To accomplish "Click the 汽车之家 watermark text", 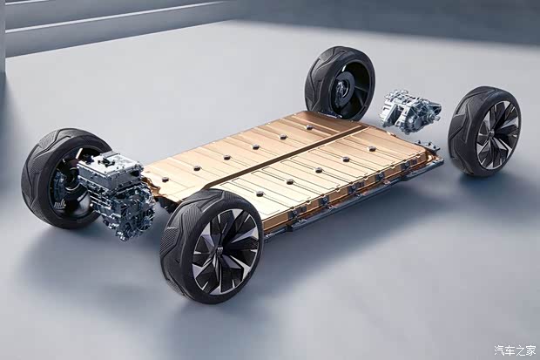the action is [x=515, y=350].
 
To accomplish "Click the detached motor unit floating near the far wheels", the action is [x=410, y=112].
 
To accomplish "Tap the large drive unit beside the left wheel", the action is [x=115, y=194].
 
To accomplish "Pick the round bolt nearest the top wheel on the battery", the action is [x=309, y=127].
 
